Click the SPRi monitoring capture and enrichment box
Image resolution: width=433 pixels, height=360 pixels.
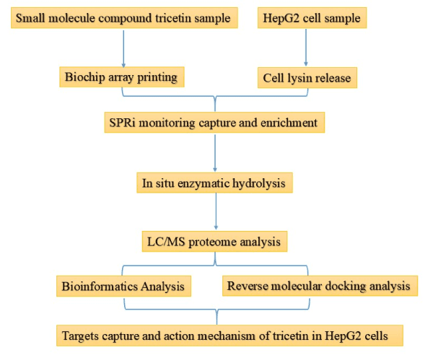coord(214,123)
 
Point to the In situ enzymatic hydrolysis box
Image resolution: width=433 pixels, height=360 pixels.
coord(214,183)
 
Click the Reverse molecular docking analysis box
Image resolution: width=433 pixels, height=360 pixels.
coord(318,286)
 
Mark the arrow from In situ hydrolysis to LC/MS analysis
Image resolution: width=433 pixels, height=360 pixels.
coord(215,212)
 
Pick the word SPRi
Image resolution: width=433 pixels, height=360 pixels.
coord(124,123)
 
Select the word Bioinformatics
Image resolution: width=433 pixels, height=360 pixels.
coord(99,286)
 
